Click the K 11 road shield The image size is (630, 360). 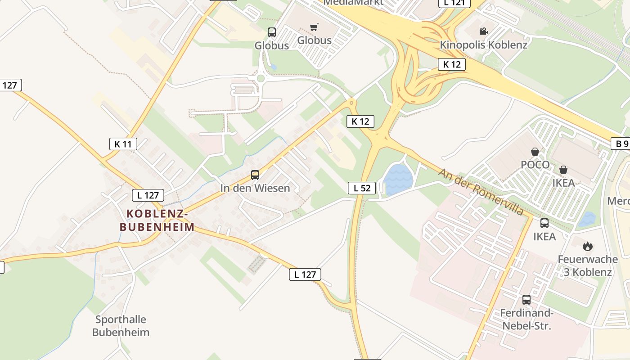tap(123, 144)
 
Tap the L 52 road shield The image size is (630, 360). tap(362, 188)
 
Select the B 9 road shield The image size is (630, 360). tap(621, 144)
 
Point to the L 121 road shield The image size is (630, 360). tap(454, 3)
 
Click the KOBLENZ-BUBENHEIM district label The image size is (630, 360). tap(157, 220)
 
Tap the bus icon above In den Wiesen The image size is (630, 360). tap(255, 175)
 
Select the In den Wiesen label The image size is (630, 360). tap(255, 188)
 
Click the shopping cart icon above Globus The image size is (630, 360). tap(314, 27)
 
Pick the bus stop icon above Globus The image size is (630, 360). tap(272, 32)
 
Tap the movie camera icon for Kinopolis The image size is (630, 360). tap(483, 31)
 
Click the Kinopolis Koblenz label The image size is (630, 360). tap(483, 45)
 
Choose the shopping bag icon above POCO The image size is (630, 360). tap(535, 152)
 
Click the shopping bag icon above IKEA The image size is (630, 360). tap(563, 170)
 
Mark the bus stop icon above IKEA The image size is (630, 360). tap(544, 223)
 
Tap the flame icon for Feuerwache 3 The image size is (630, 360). tap(587, 246)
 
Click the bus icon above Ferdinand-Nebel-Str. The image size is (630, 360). tap(526, 299)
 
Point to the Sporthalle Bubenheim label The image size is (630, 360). tap(121, 326)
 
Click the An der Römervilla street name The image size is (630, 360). tap(481, 192)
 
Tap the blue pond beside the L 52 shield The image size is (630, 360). tap(397, 179)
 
